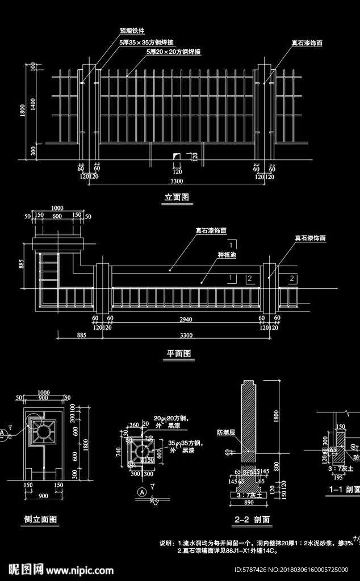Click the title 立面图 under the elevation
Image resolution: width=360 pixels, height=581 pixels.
click(x=176, y=197)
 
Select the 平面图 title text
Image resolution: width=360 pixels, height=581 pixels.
click(x=178, y=353)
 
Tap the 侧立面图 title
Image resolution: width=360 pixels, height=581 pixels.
click(x=40, y=519)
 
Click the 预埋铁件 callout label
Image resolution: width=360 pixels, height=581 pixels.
click(x=132, y=31)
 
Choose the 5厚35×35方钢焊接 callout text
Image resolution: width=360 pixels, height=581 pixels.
click(x=146, y=42)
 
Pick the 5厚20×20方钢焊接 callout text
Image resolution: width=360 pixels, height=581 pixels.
click(x=173, y=52)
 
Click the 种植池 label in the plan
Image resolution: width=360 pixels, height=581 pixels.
click(x=226, y=255)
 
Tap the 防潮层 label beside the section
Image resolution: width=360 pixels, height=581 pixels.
click(x=225, y=432)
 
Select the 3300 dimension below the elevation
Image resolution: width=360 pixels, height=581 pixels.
click(x=177, y=182)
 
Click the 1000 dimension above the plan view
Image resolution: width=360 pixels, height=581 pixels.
click(x=57, y=208)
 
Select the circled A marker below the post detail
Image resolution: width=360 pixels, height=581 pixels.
click(x=141, y=492)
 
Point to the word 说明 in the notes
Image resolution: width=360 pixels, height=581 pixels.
click(x=166, y=543)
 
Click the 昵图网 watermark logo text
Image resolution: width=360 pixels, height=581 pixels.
click(x=26, y=569)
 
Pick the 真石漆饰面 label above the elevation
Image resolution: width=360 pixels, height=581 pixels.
click(x=307, y=43)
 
